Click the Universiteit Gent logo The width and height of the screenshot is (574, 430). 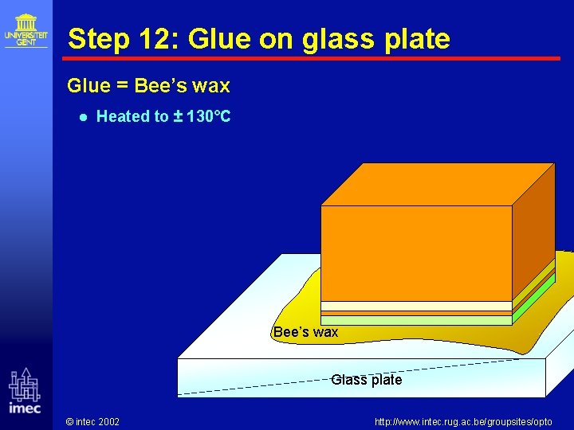click(x=26, y=29)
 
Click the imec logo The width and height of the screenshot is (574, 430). click(x=24, y=392)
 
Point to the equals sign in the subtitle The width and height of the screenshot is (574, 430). click(x=120, y=85)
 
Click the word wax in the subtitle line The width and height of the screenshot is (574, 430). click(x=211, y=85)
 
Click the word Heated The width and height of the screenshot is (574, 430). click(x=124, y=116)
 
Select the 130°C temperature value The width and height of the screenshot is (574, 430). click(x=207, y=116)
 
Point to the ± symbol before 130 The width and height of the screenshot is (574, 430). click(x=176, y=116)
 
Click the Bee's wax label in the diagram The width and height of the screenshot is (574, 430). click(x=305, y=332)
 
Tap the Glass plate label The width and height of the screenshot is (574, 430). click(x=366, y=380)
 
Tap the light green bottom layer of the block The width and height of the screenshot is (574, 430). click(x=415, y=320)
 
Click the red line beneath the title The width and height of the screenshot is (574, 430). click(x=311, y=58)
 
